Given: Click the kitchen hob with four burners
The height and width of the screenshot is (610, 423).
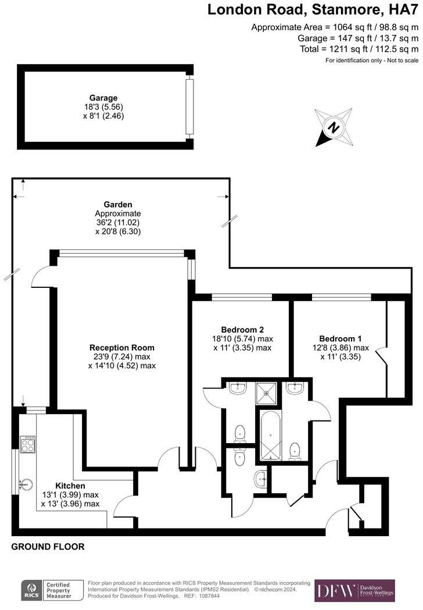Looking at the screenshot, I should [27, 445].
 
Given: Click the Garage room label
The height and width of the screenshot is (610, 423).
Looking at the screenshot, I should [103, 98].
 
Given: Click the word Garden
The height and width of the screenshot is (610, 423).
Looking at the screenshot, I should [118, 204].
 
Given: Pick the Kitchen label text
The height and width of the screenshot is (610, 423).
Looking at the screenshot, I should [70, 486].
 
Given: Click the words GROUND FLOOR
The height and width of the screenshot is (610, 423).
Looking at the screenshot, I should [48, 547].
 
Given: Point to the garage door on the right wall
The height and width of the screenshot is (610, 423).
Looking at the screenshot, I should [188, 107].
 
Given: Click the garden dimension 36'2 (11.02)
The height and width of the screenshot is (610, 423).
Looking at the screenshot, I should [117, 222].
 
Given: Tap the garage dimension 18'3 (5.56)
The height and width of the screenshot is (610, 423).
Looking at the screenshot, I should [103, 107].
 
